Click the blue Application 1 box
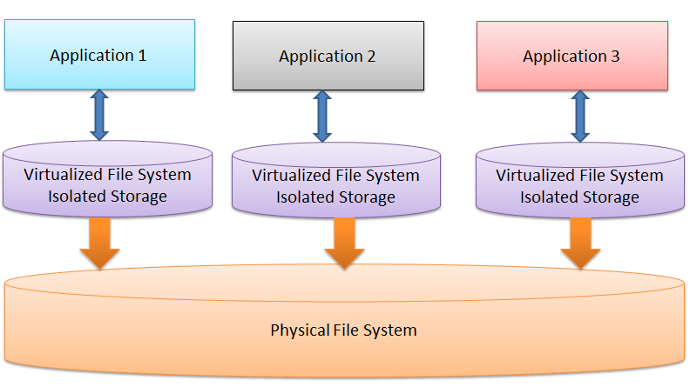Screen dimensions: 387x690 [x=98, y=55]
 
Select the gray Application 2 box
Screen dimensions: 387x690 [x=328, y=56]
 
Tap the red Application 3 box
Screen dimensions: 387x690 [x=572, y=56]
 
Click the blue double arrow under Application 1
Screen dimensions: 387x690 [x=98, y=116]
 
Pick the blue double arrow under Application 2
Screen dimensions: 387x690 [x=323, y=117]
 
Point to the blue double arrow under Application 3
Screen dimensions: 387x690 [x=579, y=117]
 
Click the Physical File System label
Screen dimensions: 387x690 [x=343, y=330]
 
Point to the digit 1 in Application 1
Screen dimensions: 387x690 [x=142, y=56]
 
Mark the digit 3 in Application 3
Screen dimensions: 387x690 [x=615, y=57]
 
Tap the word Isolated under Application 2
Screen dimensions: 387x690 [x=305, y=197]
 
